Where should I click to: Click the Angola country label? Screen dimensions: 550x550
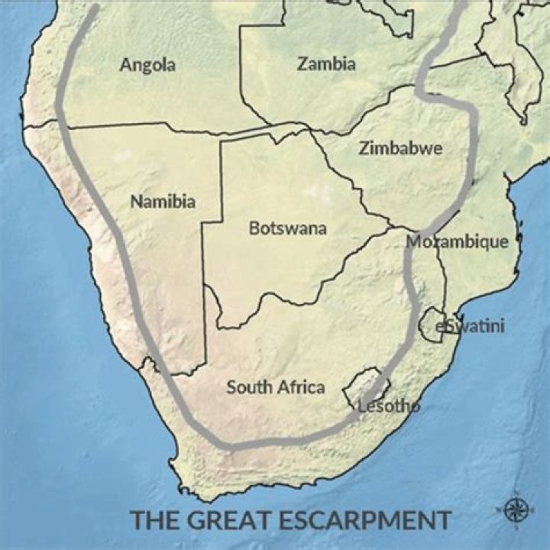[x=147, y=64]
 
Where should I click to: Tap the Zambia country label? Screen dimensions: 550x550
[x=326, y=63]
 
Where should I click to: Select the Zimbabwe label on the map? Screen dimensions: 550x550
[x=400, y=148]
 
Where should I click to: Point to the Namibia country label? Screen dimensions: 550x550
[x=163, y=202]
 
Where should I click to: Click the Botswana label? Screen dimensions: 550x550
[x=288, y=228]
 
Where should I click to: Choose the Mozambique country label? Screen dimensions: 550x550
[x=457, y=242]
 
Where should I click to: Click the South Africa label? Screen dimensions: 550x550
[x=275, y=387]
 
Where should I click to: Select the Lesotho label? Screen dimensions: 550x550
[x=389, y=406]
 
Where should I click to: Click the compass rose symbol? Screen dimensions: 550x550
[x=516, y=508]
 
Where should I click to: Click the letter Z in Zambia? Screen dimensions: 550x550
[x=302, y=63]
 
